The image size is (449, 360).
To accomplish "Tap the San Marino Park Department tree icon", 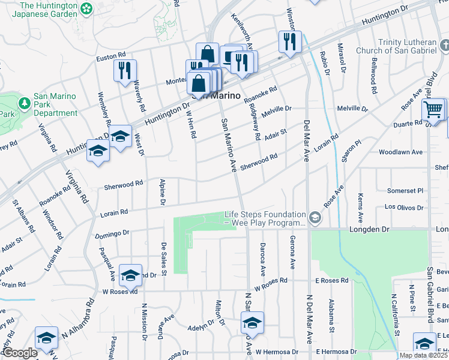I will pos(25,103).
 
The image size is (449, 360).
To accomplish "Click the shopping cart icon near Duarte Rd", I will pos(433,110).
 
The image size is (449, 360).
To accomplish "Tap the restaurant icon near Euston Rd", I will pos(125,70).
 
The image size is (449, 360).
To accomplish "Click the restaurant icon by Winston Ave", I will pos(290,41).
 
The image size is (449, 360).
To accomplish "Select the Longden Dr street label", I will pos(369,229).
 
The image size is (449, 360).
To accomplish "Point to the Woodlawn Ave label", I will pos(401,152).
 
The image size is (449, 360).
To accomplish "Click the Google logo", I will pos(20,353).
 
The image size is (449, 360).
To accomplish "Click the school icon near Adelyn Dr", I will pos(253,323).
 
